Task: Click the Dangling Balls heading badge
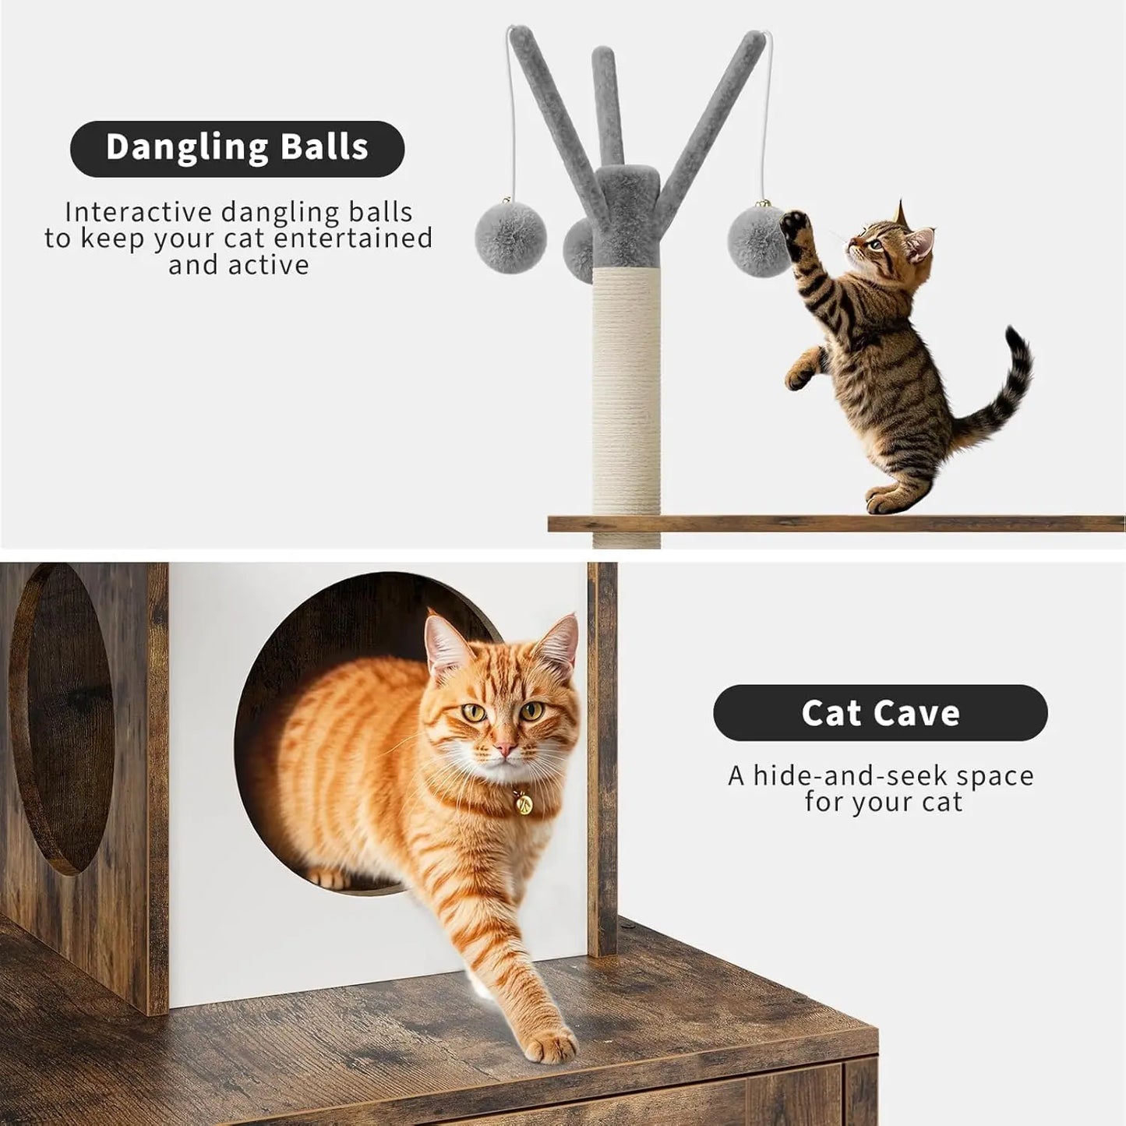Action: pyautogui.click(x=237, y=149)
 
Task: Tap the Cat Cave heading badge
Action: pyautogui.click(x=880, y=713)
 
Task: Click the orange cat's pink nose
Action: pyautogui.click(x=505, y=750)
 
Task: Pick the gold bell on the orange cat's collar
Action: pyautogui.click(x=523, y=802)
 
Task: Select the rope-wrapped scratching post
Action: pyautogui.click(x=627, y=390)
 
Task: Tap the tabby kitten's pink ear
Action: pyautogui.click(x=921, y=244)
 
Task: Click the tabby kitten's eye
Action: pyautogui.click(x=876, y=244)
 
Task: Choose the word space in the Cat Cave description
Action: pyautogui.click(x=995, y=775)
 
